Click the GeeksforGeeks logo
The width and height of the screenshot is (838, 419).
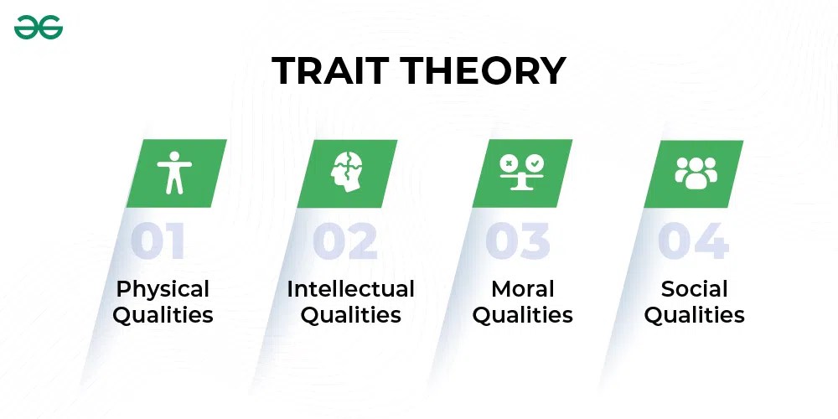[39, 28]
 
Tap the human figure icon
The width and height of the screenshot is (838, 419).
[175, 173]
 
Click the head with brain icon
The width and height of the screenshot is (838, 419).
[347, 173]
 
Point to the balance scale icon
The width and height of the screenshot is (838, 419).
[521, 172]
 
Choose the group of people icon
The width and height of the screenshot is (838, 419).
[696, 172]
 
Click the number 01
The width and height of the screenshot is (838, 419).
[158, 241]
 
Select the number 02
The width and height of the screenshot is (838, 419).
[345, 241]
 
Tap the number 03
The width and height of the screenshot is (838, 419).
[518, 241]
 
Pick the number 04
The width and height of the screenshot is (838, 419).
[693, 241]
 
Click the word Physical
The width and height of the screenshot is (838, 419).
[163, 290]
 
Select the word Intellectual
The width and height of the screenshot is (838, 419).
[350, 289]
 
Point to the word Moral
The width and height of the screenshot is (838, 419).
[522, 289]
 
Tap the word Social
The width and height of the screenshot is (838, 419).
[694, 289]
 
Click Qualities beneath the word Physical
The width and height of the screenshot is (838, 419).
[163, 316]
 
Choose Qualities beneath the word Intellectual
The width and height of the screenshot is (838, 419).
[350, 316]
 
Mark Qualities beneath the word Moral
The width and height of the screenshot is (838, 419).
[522, 316]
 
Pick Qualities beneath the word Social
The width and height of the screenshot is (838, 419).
[694, 316]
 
